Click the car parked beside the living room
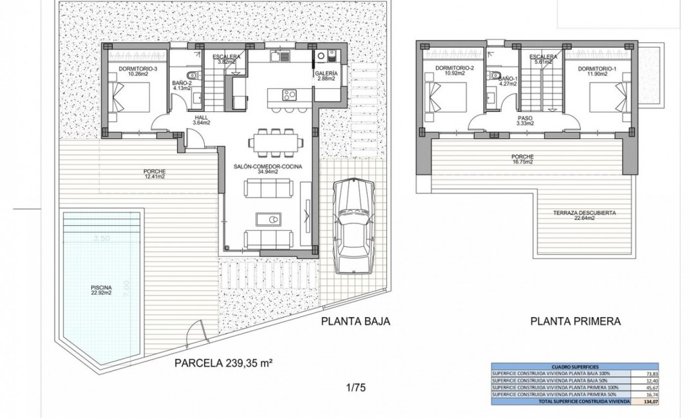354,225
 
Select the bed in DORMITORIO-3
126,98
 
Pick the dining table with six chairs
276,143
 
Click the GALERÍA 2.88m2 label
325,76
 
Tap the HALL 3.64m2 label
202,120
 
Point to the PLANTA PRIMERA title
575,321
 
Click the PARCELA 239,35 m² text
224,363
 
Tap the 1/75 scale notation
355,388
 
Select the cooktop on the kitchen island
290,96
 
